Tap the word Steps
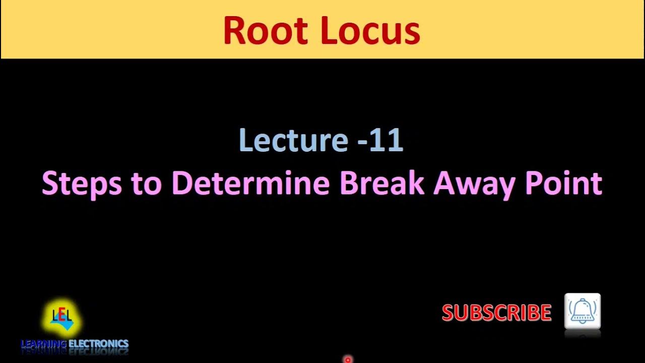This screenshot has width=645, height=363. (x=82, y=184)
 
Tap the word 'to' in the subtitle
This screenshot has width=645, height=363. (x=146, y=184)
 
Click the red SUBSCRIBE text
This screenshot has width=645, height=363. (x=496, y=313)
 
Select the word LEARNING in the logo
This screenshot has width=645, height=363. (x=43, y=344)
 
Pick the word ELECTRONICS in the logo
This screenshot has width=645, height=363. (x=98, y=344)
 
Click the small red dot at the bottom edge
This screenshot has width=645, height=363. (x=347, y=360)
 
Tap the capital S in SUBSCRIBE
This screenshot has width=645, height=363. (x=448, y=313)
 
